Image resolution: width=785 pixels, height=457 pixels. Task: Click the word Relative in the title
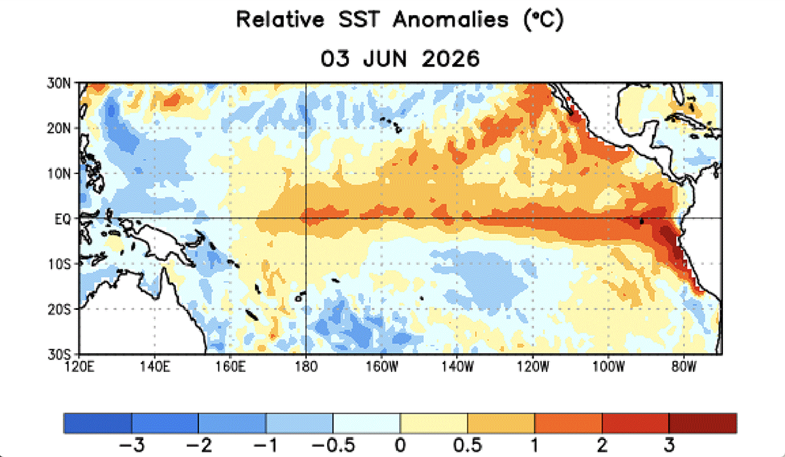[280, 19]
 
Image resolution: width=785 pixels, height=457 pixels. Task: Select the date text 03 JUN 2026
[400, 58]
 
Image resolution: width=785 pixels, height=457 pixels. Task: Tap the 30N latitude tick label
[59, 84]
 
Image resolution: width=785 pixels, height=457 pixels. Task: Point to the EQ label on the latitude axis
[63, 219]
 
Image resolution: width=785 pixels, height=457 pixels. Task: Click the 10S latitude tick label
[59, 264]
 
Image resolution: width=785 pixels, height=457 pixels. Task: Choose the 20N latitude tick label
[59, 129]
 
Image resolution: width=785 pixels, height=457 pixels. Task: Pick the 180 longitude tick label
[306, 367]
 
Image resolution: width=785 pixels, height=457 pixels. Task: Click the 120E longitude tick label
[80, 367]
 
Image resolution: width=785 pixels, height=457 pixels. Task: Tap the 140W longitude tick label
[457, 367]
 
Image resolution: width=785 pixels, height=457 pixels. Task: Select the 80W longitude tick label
[684, 367]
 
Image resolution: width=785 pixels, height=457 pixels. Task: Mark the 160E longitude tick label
[230, 367]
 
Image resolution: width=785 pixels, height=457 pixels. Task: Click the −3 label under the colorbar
[131, 445]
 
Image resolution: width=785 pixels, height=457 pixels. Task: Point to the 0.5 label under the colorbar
[468, 445]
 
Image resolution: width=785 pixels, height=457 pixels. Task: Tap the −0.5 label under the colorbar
[333, 445]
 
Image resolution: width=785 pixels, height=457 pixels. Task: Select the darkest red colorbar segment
[703, 423]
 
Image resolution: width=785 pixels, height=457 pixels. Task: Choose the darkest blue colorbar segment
[97, 423]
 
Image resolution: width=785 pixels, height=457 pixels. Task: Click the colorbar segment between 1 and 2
[568, 423]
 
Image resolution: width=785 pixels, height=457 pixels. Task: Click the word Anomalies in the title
[451, 19]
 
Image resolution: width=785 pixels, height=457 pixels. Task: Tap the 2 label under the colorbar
[602, 445]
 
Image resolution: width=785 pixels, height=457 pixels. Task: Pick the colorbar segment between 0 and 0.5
[434, 423]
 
